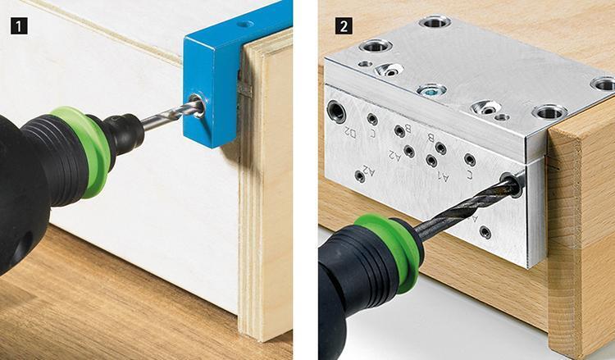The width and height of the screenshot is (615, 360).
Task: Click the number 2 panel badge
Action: pyautogui.click(x=340, y=25)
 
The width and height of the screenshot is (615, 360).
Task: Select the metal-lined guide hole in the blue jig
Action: pyautogui.click(x=197, y=105)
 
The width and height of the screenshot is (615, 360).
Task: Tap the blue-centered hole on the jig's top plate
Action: pyautogui.click(x=431, y=89)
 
